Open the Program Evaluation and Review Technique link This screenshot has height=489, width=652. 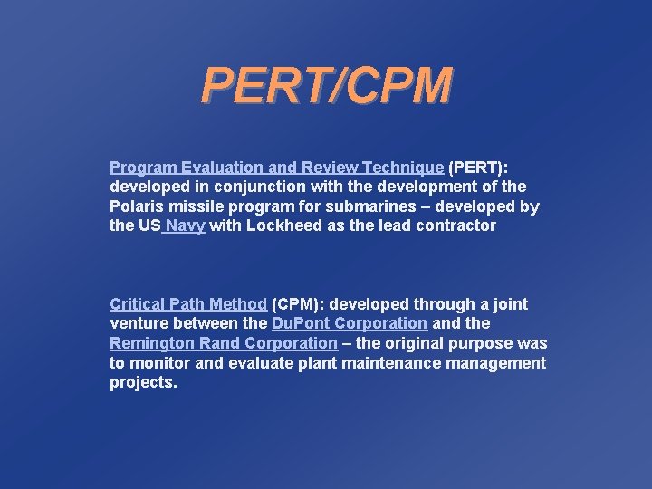276,168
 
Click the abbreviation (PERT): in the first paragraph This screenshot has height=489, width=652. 478,168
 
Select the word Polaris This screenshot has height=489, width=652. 137,206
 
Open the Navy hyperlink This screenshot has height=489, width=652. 185,226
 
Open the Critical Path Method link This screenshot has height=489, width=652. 188,304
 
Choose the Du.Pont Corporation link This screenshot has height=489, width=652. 350,323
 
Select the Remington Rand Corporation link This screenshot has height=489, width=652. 223,343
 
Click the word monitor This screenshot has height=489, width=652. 159,363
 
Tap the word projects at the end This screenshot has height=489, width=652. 143,383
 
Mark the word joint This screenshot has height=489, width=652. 509,304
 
